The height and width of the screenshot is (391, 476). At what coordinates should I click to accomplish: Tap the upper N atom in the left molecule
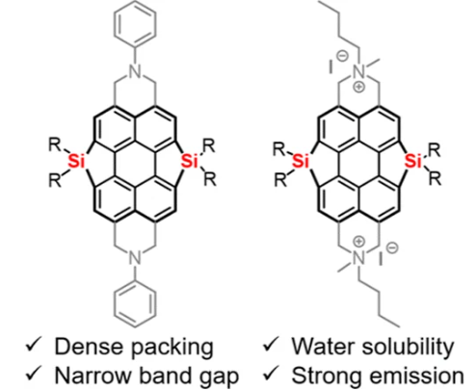pyautogui.click(x=135, y=71)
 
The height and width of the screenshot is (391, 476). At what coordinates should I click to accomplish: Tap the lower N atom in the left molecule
pyautogui.click(x=135, y=257)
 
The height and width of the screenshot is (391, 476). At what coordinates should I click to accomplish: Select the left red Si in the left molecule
pyautogui.click(x=76, y=161)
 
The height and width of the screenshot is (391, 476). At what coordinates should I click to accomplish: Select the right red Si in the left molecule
pyautogui.click(x=190, y=161)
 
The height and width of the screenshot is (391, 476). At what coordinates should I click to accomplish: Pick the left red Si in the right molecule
pyautogui.click(x=302, y=161)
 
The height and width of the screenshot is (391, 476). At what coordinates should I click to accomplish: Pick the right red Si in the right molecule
pyautogui.click(x=413, y=161)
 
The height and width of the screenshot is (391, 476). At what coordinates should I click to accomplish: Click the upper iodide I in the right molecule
pyautogui.click(x=331, y=66)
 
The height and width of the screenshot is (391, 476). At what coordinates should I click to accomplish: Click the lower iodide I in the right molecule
pyautogui.click(x=381, y=258)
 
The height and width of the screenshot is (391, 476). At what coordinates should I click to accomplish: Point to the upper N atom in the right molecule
pyautogui.click(x=359, y=71)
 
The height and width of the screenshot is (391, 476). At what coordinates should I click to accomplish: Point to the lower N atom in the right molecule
pyautogui.click(x=359, y=257)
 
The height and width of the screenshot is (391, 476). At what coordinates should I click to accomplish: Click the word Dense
pyautogui.click(x=89, y=346)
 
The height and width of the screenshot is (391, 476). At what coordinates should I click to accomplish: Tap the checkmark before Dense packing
pyautogui.click(x=34, y=345)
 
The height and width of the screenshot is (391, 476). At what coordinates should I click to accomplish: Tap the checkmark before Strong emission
pyautogui.click(x=271, y=374)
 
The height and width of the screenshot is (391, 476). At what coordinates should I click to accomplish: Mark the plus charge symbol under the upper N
pyautogui.click(x=359, y=87)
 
